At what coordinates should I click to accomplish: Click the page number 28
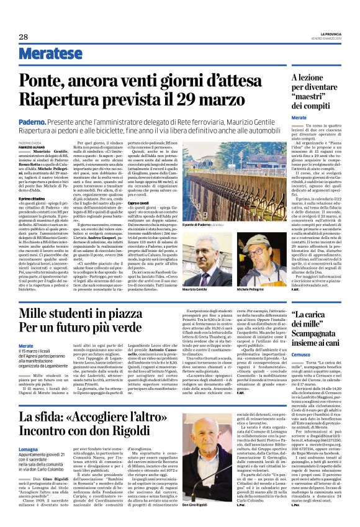coord(23,37)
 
